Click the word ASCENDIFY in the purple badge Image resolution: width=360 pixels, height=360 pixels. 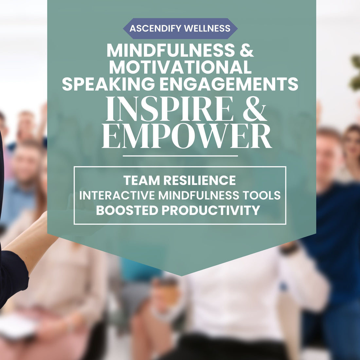coord(155,28)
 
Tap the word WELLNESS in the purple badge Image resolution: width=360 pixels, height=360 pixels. coord(207,28)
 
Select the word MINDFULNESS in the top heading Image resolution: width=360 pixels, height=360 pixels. coord(171,50)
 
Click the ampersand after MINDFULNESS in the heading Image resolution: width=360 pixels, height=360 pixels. coord(246,50)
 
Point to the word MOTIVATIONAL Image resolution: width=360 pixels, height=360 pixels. coord(180,67)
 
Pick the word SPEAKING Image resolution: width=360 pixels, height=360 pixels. coord(108,83)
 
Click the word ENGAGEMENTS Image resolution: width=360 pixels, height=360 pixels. coord(229,83)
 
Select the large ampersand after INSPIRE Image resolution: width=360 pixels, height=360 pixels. coord(255,109)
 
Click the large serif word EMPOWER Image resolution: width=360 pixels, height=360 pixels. coord(187,136)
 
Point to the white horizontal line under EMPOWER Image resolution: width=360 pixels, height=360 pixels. coord(180,156)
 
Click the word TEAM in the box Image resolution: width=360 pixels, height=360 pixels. coord(141,180)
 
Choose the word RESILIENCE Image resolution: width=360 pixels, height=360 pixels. coord(200,180)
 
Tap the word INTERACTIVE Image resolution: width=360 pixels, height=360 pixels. coord(117,195)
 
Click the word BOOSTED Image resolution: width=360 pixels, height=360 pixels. coord(127,210)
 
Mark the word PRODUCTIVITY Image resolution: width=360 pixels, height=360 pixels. coord(211,210)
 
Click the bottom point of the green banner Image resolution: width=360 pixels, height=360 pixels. coord(182,276)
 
